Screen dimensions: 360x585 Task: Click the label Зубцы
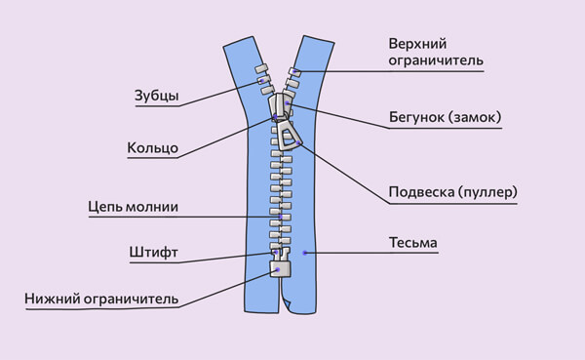pos(156,95)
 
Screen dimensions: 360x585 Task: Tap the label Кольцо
pos(151,148)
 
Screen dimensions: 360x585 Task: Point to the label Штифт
pos(152,252)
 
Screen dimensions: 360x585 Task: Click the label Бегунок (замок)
pos(444,118)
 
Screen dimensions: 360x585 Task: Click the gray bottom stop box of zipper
pos(281,271)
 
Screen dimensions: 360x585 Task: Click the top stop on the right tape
pos(293,72)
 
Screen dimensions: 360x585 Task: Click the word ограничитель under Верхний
pos(435,60)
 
